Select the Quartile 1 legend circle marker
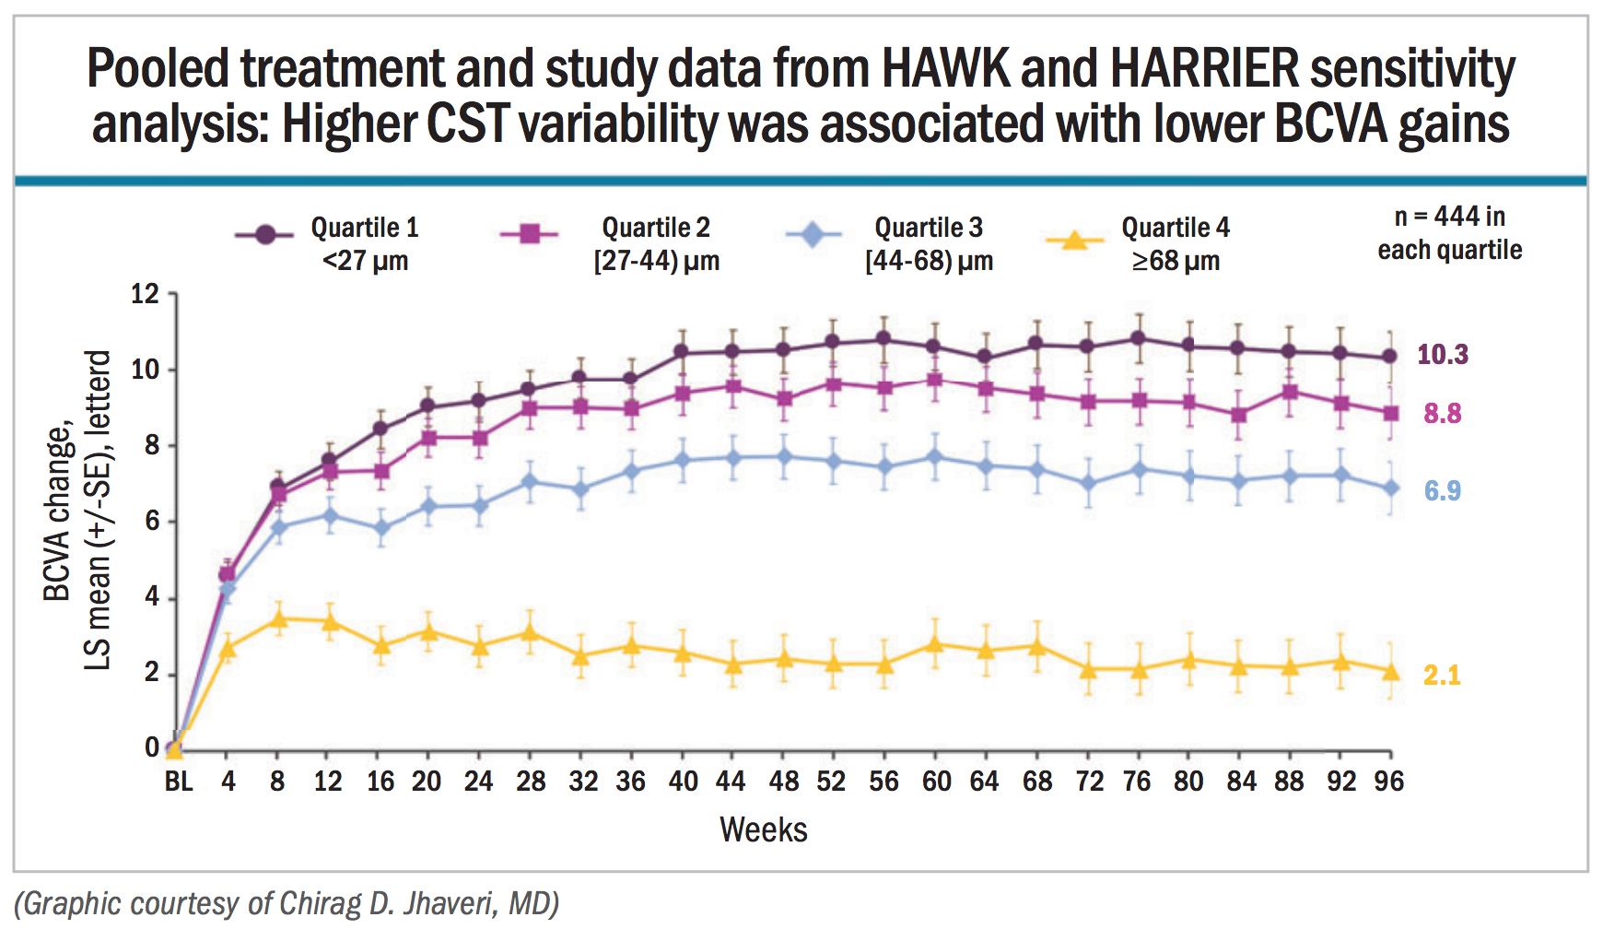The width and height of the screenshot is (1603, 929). (x=265, y=234)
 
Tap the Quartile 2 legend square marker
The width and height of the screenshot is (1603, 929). (x=529, y=234)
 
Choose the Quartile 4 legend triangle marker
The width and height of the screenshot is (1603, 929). (x=1073, y=241)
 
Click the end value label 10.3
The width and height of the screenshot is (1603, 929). (x=1443, y=355)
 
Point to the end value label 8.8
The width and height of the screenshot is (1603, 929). (x=1443, y=414)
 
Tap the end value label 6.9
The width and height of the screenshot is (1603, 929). (x=1443, y=491)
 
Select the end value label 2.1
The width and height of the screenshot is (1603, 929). (x=1443, y=676)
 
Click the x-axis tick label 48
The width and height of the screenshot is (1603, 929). (x=784, y=782)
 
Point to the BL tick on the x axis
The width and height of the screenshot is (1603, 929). (x=179, y=782)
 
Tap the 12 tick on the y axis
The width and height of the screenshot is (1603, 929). (x=146, y=294)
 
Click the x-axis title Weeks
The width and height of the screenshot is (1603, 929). (x=763, y=829)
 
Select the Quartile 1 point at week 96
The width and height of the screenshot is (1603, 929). (x=1390, y=357)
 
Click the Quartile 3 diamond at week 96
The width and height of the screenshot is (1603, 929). (x=1390, y=488)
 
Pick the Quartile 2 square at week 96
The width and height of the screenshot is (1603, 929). (x=1390, y=413)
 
